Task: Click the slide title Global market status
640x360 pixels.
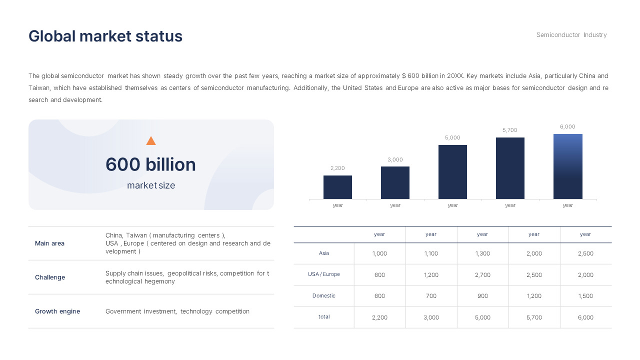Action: click(105, 36)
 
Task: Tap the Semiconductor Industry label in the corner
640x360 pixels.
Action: click(571, 35)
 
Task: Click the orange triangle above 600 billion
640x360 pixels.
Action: click(151, 141)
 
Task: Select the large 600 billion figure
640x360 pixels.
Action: click(150, 164)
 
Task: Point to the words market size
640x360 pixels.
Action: click(151, 185)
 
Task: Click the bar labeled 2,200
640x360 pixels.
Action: click(337, 187)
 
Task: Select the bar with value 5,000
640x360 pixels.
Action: click(452, 172)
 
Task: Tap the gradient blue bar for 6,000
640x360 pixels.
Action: click(567, 166)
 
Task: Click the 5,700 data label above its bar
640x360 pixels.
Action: click(510, 130)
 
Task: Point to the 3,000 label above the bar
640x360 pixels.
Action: click(395, 160)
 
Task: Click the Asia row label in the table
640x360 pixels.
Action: click(324, 253)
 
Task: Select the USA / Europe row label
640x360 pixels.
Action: click(324, 274)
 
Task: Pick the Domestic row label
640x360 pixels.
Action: click(324, 295)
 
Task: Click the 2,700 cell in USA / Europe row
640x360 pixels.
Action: click(482, 275)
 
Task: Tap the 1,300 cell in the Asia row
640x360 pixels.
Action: click(482, 253)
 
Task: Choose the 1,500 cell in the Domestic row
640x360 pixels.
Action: click(585, 296)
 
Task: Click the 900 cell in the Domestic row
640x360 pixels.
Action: click(482, 296)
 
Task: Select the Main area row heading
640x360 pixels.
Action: click(49, 243)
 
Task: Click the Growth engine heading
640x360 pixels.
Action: click(57, 311)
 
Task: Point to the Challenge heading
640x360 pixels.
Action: click(50, 277)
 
